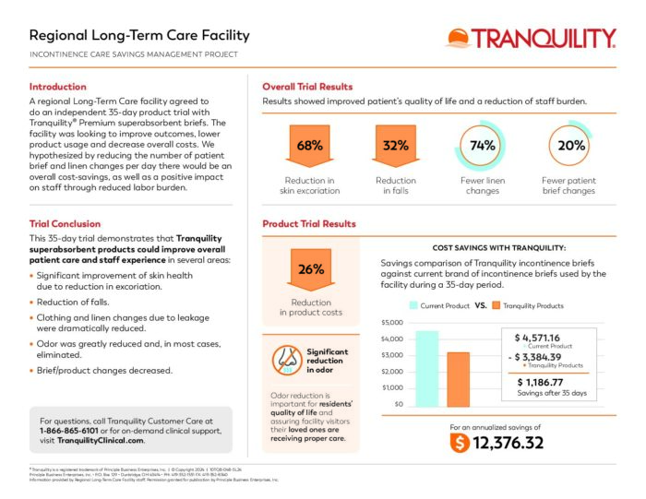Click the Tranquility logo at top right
pos(531,38)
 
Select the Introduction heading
pos(58,86)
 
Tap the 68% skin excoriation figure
pos(310,146)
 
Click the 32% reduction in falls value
pos(396,146)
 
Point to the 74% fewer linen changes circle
pos(483,146)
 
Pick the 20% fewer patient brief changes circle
pos(571,146)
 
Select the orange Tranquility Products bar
pos(459,379)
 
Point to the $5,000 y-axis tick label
pos(392,323)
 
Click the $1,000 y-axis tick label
pos(392,387)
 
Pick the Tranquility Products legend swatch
pos(496,305)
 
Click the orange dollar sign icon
pos(459,443)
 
